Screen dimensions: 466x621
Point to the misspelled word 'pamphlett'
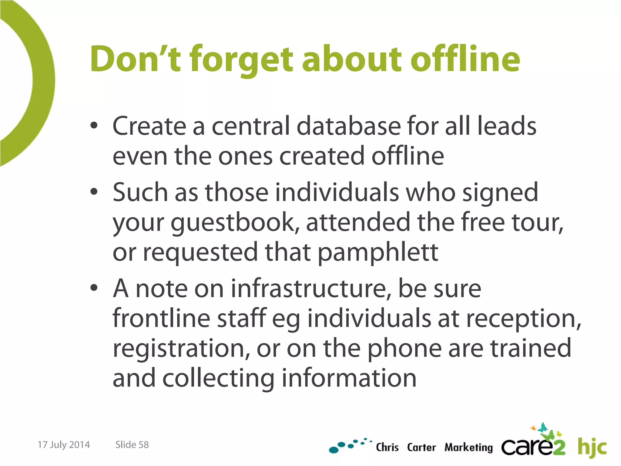pos(378,252)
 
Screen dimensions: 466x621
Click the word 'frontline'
pos(161,318)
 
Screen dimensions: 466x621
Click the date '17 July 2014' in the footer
pos(64,445)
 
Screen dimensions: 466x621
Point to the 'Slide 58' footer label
pos(132,445)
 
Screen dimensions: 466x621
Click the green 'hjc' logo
pos(592,447)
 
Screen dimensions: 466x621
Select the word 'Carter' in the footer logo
pos(421,447)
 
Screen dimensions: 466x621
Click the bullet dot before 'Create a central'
pos(94,126)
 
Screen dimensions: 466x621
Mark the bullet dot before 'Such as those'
pos(94,192)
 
